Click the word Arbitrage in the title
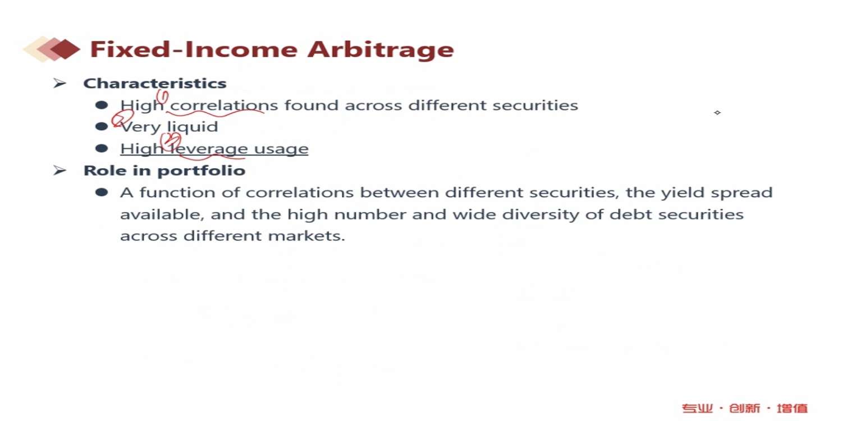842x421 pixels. pyautogui.click(x=381, y=50)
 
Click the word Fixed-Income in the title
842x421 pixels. pyautogui.click(x=194, y=49)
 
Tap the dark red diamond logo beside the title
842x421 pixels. pyautogui.click(x=65, y=49)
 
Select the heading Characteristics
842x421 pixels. pyautogui.click(x=155, y=84)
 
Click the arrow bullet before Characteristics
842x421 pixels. pyautogui.click(x=60, y=83)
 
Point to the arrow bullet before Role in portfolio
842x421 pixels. pyautogui.click(x=60, y=171)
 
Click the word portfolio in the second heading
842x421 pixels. pyautogui.click(x=202, y=171)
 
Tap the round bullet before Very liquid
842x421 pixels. pyautogui.click(x=102, y=127)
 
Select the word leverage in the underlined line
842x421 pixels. pyautogui.click(x=209, y=149)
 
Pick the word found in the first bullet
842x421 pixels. pyautogui.click(x=311, y=106)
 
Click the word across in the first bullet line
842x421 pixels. pyautogui.click(x=373, y=106)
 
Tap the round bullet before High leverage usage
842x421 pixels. pyautogui.click(x=102, y=149)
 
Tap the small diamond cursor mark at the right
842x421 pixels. pyautogui.click(x=717, y=112)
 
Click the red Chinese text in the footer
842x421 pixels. pyautogui.click(x=745, y=408)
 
